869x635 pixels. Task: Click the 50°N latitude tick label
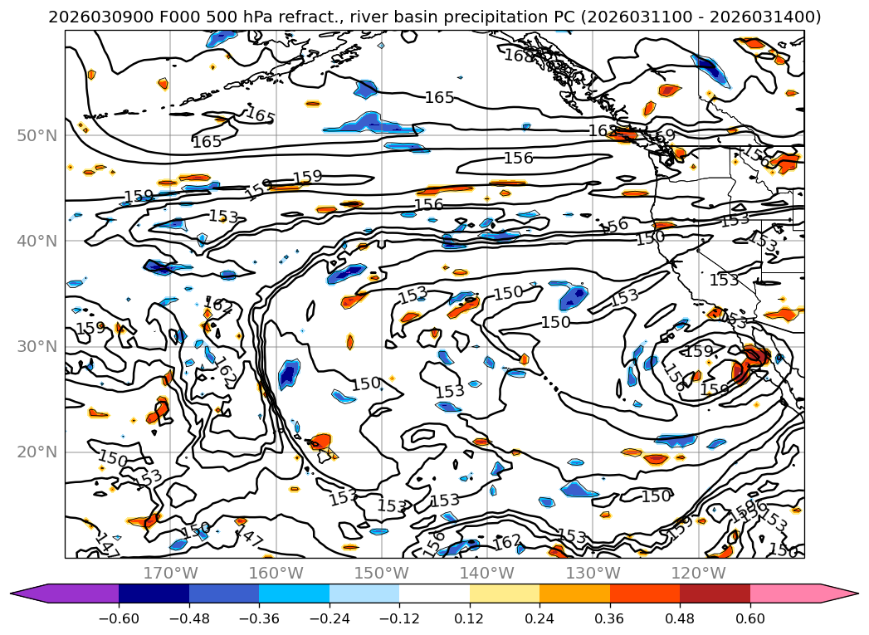coord(37,135)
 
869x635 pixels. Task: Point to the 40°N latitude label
coord(37,241)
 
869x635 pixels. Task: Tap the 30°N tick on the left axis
coord(37,346)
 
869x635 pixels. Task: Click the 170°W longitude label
coord(170,573)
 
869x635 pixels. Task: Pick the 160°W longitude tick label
coord(276,573)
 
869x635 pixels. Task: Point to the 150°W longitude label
coord(381,573)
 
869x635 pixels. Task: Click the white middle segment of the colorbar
coord(434,593)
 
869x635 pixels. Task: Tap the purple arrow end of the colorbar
coord(29,593)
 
